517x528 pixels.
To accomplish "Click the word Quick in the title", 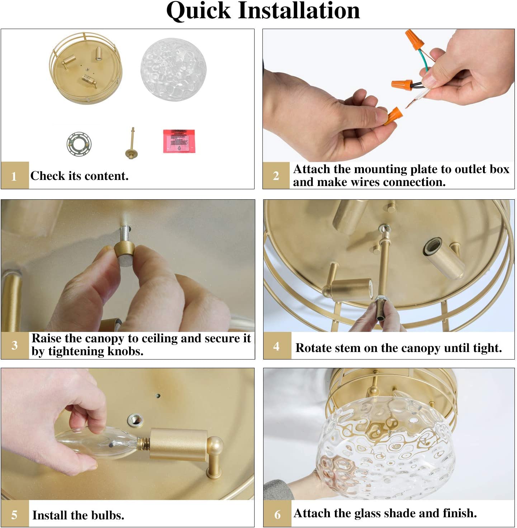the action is [x=199, y=11].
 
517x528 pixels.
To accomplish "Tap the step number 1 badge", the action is [x=15, y=175].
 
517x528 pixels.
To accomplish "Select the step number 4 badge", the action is [x=277, y=346].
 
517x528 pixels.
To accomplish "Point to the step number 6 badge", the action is [x=277, y=514].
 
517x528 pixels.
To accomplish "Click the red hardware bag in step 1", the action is [x=179, y=141].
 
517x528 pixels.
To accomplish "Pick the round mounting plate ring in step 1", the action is [x=79, y=144].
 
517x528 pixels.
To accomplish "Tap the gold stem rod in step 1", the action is [x=132, y=143].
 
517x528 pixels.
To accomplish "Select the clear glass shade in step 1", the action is [x=174, y=69].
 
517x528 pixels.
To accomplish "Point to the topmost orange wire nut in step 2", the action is [x=414, y=39].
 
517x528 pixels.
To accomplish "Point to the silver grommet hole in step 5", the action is [x=136, y=420].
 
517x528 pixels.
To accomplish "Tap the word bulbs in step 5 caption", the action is [x=108, y=515].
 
